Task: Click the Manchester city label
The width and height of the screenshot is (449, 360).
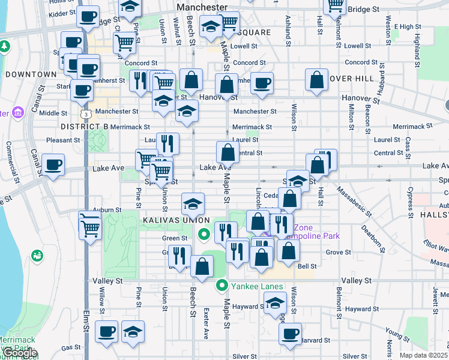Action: tap(203, 7)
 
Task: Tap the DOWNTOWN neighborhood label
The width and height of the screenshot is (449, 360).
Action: tap(31, 74)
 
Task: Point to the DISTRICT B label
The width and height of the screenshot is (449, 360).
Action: tap(85, 127)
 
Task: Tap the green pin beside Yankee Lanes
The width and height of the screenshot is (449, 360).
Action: tap(222, 286)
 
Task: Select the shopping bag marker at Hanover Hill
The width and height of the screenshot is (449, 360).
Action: tap(316, 80)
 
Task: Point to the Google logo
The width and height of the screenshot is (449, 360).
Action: tap(19, 353)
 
